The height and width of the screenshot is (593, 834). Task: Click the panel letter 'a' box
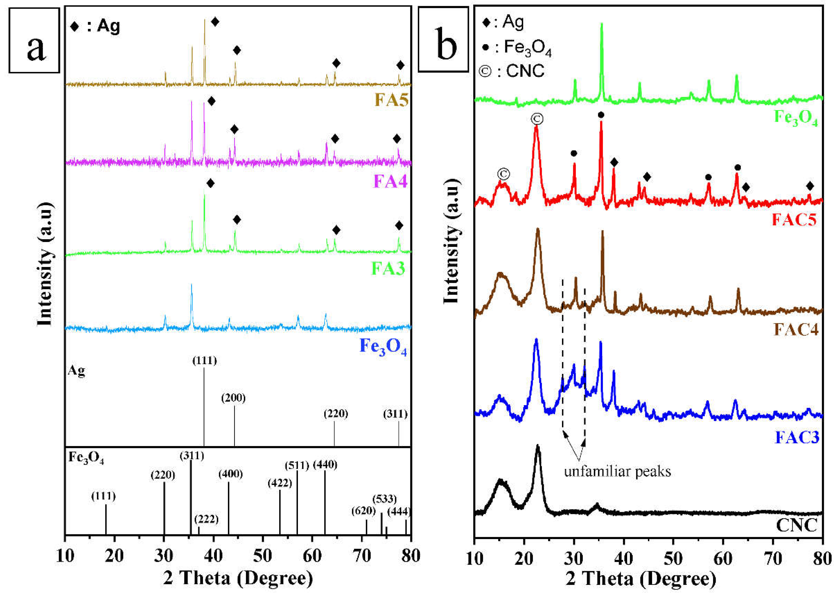34,40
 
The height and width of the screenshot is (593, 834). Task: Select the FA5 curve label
391,99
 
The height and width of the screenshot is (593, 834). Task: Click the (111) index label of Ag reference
204,361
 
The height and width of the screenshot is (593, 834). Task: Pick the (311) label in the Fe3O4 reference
192,455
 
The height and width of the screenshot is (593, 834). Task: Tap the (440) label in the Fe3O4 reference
325,465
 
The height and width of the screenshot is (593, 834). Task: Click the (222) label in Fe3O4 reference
206,519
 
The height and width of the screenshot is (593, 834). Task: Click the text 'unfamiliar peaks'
617,471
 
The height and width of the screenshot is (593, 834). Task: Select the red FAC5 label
794,220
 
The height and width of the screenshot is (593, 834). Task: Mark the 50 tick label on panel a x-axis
263,556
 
